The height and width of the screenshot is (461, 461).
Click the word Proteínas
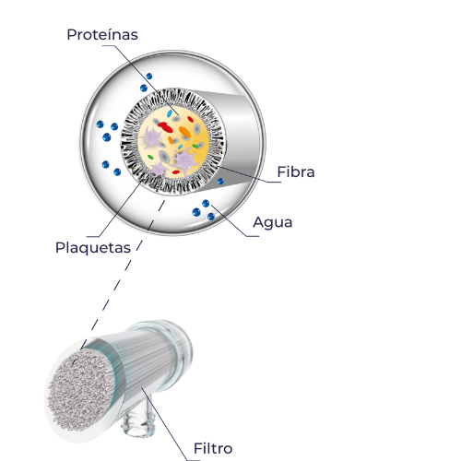click(x=102, y=34)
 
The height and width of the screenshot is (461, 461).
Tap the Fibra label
click(x=296, y=171)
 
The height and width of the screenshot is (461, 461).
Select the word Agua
click(x=273, y=222)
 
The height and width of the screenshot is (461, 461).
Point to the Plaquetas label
click(x=93, y=248)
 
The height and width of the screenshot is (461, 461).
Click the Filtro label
click(x=213, y=448)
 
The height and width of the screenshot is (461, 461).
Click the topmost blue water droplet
click(x=149, y=76)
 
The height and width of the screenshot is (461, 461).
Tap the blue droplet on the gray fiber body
click(x=220, y=182)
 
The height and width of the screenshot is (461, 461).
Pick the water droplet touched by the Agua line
click(x=206, y=203)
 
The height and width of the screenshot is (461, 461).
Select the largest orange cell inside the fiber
click(x=185, y=132)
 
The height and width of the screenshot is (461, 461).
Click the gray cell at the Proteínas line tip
click(x=176, y=119)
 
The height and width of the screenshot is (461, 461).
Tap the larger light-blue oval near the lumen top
click(x=170, y=113)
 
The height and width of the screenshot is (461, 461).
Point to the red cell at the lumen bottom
click(x=176, y=172)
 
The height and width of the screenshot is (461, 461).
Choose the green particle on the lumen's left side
click(x=150, y=157)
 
